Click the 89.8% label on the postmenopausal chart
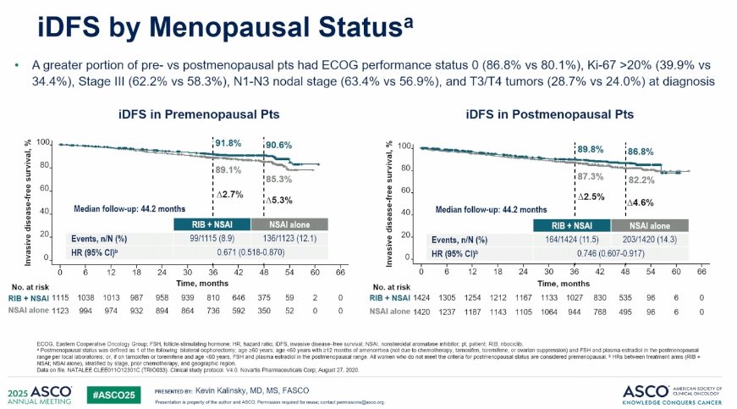click(x=590, y=149)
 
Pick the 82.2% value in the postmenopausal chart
click(x=641, y=180)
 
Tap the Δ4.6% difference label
click(x=641, y=202)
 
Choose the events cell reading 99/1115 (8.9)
click(x=212, y=239)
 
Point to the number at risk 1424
click(x=421, y=298)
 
